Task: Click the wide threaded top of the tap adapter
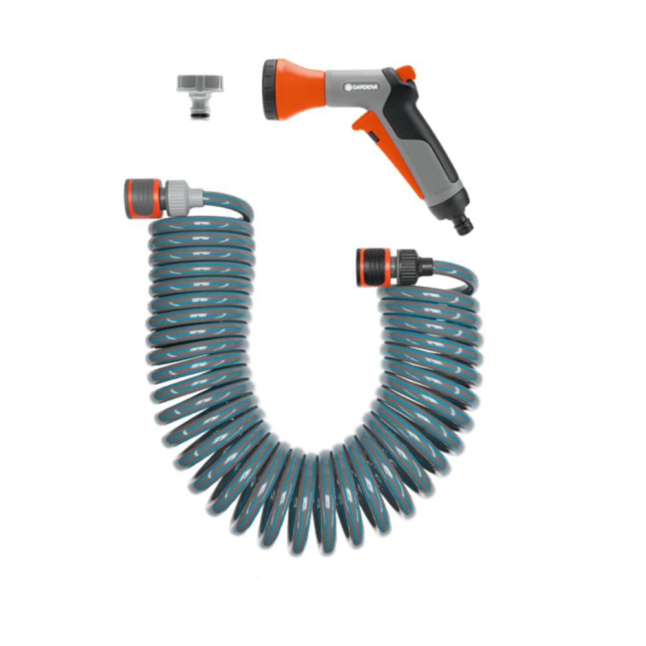200,83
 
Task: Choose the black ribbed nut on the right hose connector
409,262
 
